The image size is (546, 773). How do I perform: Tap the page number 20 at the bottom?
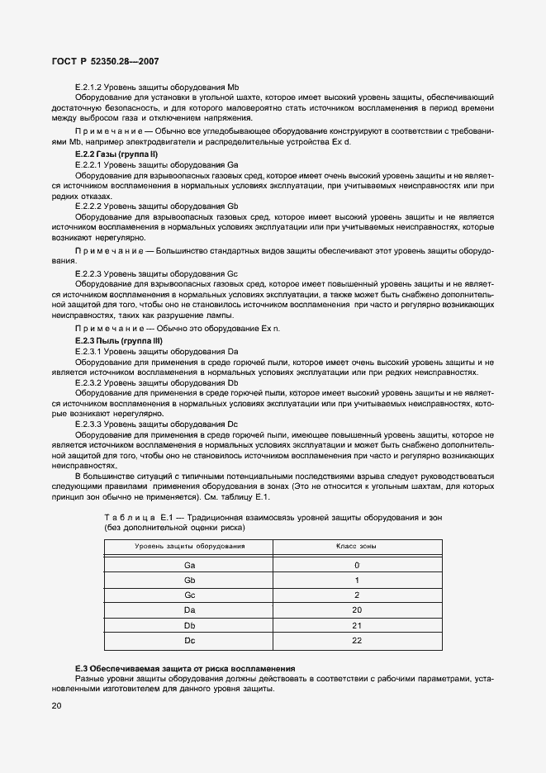pyautogui.click(x=56, y=705)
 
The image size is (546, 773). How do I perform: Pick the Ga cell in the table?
pyautogui.click(x=189, y=565)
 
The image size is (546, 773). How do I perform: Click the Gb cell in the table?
pyautogui.click(x=189, y=580)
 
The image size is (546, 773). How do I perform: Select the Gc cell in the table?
pyautogui.click(x=189, y=595)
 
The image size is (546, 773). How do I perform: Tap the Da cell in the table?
pyautogui.click(x=189, y=609)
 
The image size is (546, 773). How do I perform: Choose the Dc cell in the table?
pyautogui.click(x=189, y=640)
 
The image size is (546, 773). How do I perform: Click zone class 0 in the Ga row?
pyautogui.click(x=357, y=565)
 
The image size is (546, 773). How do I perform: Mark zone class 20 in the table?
pyautogui.click(x=357, y=609)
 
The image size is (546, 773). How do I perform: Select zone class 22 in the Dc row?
pyautogui.click(x=357, y=640)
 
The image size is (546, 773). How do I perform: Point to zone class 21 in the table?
pyautogui.click(x=357, y=625)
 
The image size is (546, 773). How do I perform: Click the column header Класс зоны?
pyautogui.click(x=357, y=547)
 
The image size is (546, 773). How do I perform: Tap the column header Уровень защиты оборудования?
pyautogui.click(x=189, y=547)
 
